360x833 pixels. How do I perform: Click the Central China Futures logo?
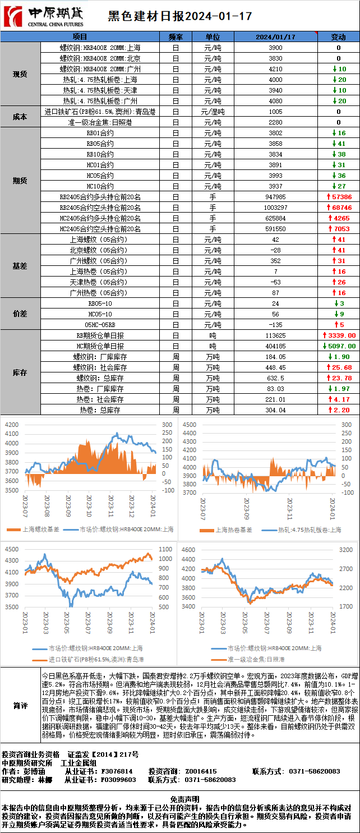click(43, 16)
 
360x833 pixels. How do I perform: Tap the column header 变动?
click(338, 37)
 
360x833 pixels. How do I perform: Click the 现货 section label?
click(20, 74)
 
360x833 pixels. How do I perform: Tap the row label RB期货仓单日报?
click(100, 335)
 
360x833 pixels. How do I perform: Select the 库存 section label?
click(20, 372)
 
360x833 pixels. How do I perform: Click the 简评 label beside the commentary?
click(20, 706)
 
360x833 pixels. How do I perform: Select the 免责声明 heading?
click(180, 799)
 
